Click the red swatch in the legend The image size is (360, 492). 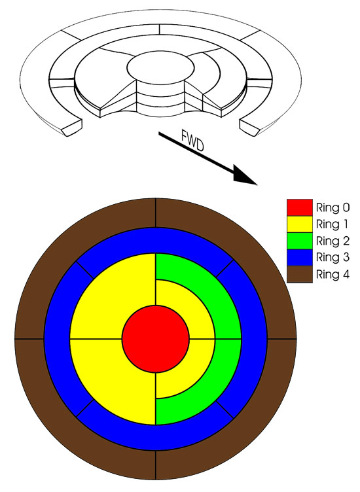coord(300,207)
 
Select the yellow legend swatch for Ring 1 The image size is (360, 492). coord(300,224)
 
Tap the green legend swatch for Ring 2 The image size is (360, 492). coord(300,241)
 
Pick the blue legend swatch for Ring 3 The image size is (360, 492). coord(300,258)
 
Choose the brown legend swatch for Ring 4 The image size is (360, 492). coord(300,275)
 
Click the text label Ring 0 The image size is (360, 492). coord(333,207)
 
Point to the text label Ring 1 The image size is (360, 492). coord(332,224)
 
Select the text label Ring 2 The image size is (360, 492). coord(333,241)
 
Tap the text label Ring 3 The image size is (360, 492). coord(333,258)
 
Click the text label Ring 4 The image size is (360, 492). coord(333,275)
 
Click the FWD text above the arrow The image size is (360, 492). coord(192,140)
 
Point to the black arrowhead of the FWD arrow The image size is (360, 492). coord(245,177)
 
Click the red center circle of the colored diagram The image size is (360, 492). coord(156,339)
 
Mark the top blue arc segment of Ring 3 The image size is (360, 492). coord(156,240)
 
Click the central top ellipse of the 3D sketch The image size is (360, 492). coord(160,68)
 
